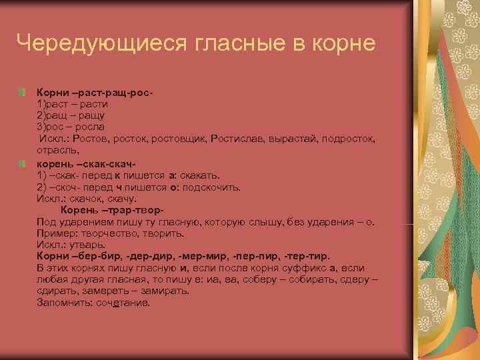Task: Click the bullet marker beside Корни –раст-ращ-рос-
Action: pos(23,90)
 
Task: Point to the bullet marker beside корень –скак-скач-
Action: pos(23,163)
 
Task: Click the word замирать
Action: pos(151,291)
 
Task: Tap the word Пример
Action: pos(55,234)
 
